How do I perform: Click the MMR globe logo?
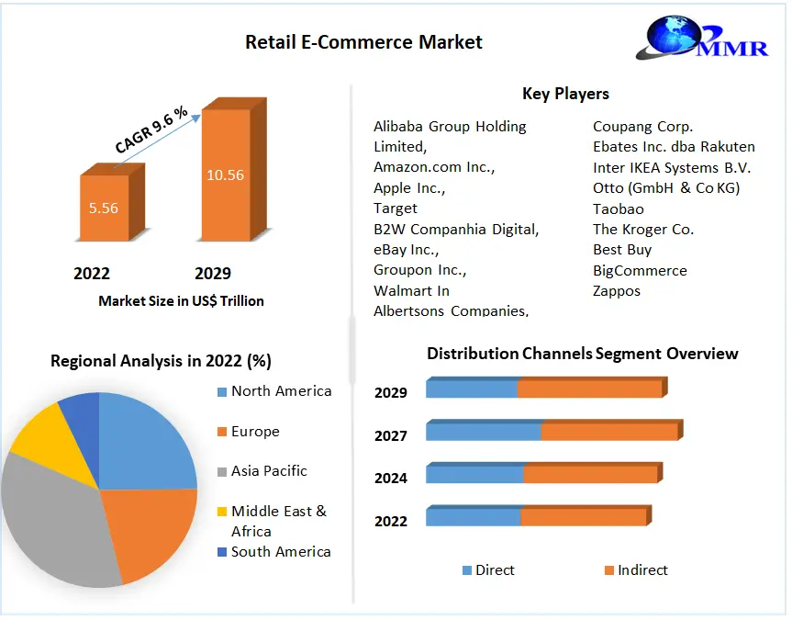coord(702,37)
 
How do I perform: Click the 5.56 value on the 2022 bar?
coord(104,208)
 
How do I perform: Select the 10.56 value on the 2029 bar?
coord(225,175)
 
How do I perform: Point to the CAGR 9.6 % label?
coord(151,130)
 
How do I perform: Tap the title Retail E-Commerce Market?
coord(363,42)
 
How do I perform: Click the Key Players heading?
coord(565,94)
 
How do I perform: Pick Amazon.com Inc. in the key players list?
coord(434,167)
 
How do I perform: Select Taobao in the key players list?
coord(619,209)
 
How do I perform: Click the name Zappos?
coord(617,291)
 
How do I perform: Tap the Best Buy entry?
coord(622,250)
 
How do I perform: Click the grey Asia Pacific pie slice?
coord(50,521)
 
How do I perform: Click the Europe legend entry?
coord(249,432)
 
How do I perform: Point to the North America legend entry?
coord(274,391)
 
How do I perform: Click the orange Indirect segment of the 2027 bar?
coord(609,432)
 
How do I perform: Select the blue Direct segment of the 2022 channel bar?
coord(474,517)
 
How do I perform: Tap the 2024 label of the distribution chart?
coord(390,478)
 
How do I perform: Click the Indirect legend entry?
coord(636,569)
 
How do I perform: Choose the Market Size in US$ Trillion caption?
coord(181,301)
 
